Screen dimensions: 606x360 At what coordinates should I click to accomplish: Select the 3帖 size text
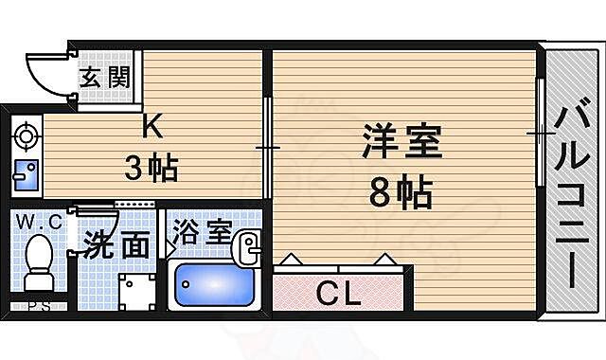coord(151,170)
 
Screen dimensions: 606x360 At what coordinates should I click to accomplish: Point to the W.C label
coord(39,223)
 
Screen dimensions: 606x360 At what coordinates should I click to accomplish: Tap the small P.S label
coord(39,305)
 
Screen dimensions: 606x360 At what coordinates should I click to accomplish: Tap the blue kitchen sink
coord(25,175)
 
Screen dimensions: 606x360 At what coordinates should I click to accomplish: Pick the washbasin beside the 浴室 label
coord(248,248)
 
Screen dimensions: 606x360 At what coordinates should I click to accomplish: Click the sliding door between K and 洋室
coord(268,147)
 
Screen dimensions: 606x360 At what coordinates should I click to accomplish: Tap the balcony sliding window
coord(541,135)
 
